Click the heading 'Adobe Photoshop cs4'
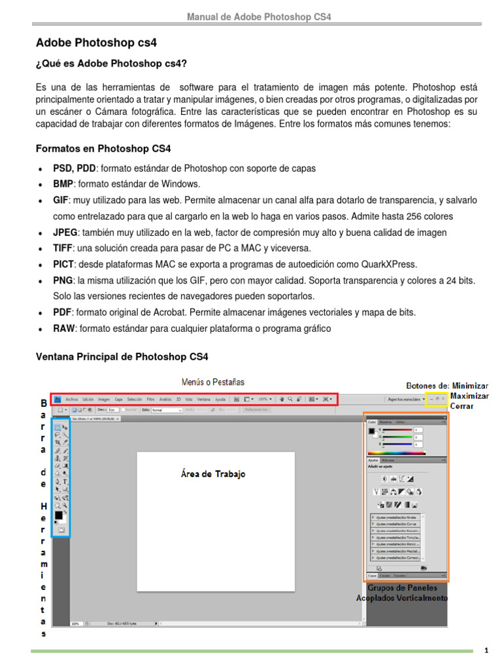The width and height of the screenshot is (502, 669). point(96,43)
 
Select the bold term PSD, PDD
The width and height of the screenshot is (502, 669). point(75,169)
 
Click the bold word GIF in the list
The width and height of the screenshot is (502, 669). point(61,201)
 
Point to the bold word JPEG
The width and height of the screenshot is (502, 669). point(65,233)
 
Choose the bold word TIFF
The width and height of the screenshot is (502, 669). point(63,248)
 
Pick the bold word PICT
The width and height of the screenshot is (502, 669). point(64,265)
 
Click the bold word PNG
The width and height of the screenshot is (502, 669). point(63,280)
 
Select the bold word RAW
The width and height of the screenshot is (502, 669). point(63,329)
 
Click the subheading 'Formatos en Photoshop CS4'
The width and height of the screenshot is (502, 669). point(103,148)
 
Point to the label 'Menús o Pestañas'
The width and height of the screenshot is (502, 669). point(213,382)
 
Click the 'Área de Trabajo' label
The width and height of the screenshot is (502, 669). point(213,474)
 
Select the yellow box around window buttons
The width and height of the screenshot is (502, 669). point(436,399)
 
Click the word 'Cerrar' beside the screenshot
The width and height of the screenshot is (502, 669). point(463,406)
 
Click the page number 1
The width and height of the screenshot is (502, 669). point(486,651)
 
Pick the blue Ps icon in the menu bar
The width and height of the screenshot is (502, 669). point(58,399)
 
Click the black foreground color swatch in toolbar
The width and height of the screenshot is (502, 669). point(58,515)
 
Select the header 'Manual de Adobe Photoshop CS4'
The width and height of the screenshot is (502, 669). point(259,16)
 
